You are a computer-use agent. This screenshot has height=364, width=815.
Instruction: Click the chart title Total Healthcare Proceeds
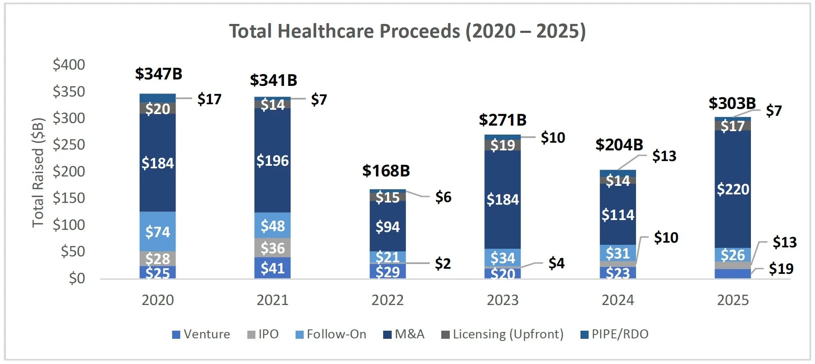click(x=407, y=31)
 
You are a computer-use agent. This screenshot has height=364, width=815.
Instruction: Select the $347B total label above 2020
click(x=158, y=74)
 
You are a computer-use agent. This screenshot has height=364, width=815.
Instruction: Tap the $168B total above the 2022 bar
click(x=386, y=171)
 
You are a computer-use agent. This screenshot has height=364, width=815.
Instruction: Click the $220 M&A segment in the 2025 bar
click(x=733, y=189)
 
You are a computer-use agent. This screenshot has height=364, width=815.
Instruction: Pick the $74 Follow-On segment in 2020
click(x=158, y=232)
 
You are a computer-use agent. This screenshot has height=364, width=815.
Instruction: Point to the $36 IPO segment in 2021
click(x=273, y=248)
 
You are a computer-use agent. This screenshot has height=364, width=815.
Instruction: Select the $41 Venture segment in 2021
click(x=273, y=268)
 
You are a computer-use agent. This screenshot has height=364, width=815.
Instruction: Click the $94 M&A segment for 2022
click(x=387, y=226)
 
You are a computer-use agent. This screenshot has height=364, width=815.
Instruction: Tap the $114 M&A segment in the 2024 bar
click(x=618, y=214)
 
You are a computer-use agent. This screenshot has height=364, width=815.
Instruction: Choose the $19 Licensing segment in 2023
click(x=503, y=145)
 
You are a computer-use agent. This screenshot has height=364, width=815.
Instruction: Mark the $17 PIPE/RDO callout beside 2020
click(x=209, y=99)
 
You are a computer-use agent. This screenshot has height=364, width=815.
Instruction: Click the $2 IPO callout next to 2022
click(x=443, y=264)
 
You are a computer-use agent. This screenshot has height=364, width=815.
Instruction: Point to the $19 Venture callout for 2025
click(x=781, y=269)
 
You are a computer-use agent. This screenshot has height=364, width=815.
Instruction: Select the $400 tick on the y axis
click(x=69, y=65)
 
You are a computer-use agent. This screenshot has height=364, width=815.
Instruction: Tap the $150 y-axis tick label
click(x=69, y=198)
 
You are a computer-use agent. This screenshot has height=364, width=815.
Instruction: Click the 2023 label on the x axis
click(x=503, y=300)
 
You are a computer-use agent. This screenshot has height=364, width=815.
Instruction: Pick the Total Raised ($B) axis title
click(x=38, y=172)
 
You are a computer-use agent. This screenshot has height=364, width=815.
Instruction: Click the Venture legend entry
click(x=201, y=334)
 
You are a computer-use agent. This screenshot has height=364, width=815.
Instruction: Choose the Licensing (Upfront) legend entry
click(x=502, y=334)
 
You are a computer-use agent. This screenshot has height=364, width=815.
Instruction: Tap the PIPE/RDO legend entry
click(x=615, y=334)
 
